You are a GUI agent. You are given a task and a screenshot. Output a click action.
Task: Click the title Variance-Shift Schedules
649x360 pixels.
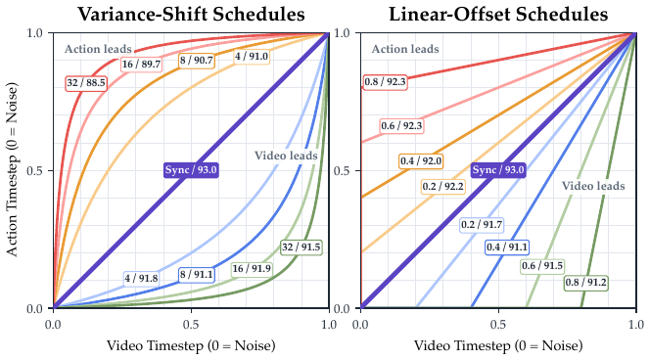[191, 14]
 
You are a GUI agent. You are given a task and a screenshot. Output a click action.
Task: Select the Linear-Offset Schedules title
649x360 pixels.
[498, 14]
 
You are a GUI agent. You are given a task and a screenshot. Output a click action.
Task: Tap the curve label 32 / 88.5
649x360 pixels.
[86, 83]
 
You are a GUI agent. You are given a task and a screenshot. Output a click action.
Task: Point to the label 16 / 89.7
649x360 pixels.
[141, 65]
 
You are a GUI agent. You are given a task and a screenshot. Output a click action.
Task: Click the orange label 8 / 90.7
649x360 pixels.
[196, 61]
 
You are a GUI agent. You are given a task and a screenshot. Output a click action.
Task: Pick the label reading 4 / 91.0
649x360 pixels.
[252, 57]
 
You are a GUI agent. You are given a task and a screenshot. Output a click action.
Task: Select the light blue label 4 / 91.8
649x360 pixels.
[142, 278]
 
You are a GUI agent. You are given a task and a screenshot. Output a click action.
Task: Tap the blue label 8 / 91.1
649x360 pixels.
[197, 275]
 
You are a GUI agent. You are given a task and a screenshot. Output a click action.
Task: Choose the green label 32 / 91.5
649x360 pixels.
[301, 247]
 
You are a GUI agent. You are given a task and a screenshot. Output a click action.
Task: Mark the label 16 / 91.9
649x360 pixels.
[252, 269]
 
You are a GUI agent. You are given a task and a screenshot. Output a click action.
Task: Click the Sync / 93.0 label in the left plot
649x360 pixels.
[191, 170]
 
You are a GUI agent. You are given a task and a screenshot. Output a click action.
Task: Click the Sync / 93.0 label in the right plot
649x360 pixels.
[498, 170]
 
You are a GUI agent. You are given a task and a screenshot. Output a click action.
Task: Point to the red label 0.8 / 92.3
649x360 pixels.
[385, 82]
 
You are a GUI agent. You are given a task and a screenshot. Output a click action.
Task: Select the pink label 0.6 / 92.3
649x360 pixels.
[402, 126]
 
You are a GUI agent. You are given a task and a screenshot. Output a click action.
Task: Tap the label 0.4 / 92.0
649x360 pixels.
[421, 161]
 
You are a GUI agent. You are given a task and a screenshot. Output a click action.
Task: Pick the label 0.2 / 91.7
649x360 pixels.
[482, 225]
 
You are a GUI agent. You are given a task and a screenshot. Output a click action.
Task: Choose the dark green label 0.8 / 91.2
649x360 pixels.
[585, 283]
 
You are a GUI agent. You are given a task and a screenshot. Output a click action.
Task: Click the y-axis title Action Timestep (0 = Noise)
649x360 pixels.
[13, 169]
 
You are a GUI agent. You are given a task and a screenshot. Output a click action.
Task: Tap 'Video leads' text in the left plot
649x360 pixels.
[286, 156]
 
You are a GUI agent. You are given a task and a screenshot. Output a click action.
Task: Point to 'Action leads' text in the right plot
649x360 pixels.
[405, 49]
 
